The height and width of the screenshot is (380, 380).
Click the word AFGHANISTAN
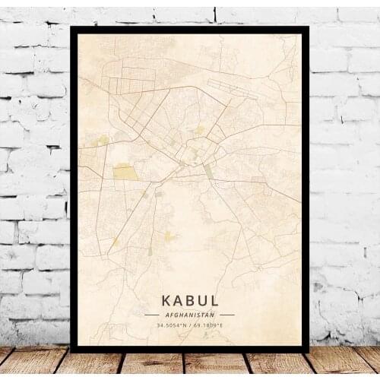(190, 314)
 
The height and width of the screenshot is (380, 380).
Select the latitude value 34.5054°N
(171, 327)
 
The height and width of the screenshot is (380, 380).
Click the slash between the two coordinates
(190, 327)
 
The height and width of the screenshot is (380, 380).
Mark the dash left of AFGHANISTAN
(151, 314)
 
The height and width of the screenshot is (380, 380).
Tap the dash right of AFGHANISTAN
(228, 314)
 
